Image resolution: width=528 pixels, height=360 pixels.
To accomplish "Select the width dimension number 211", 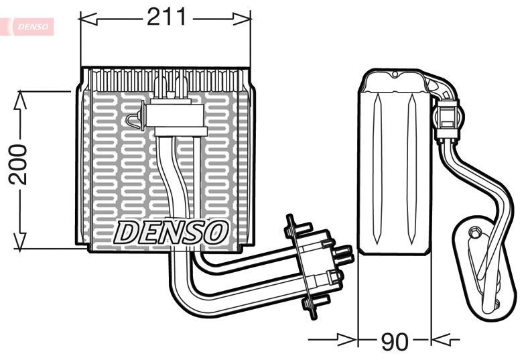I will pos(166,17).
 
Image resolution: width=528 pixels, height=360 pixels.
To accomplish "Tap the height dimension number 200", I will pos(18,164).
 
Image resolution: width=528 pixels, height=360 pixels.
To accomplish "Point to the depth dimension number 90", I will pos(394,342).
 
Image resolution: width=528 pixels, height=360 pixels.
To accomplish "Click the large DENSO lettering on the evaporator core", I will pos(171,232).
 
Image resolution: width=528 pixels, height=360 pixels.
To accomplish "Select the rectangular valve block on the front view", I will pos(174,115).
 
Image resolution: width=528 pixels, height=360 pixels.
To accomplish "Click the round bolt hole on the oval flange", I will pos(475,233).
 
